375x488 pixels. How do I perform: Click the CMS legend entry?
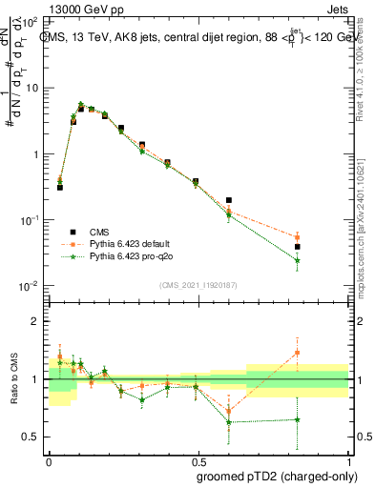pos(99,232)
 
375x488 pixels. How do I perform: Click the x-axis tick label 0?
pos(49,460)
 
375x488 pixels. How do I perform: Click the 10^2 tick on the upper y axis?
pos(31,21)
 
